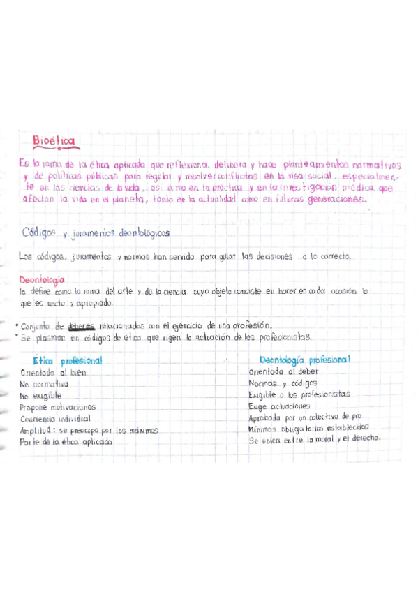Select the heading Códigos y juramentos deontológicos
pos(97,232)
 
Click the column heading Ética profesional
pos(72,360)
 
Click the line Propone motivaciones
pos(58,406)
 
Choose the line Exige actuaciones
pos(279,406)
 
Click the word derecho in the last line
pos(364,438)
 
